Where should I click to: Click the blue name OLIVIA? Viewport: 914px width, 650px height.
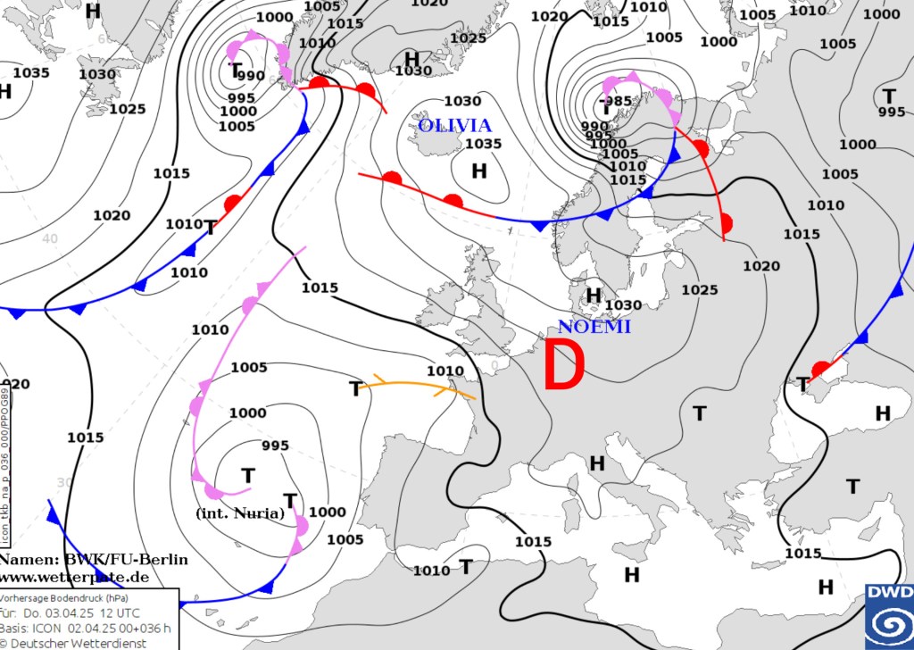pos(455,125)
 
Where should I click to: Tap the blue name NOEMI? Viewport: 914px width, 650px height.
pos(594,327)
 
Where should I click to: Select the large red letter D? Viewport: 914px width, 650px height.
pos(564,366)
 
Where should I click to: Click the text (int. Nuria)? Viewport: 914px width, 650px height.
pos(239,513)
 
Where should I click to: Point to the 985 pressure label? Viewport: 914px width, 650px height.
pos(617,101)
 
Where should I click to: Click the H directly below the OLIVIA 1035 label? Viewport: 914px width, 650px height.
pos(479,170)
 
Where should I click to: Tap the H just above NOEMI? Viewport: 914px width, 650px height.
pos(593,295)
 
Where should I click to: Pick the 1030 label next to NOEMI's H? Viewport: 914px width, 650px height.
pos(623,305)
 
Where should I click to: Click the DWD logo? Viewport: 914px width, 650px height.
pos(889,616)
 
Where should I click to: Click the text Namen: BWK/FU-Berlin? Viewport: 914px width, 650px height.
pos(94,559)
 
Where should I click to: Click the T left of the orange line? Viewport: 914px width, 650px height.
pos(355,389)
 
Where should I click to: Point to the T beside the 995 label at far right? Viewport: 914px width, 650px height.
pos(888,96)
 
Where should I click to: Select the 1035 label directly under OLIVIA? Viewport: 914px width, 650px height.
pos(483,144)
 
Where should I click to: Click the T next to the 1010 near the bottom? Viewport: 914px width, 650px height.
pos(465,566)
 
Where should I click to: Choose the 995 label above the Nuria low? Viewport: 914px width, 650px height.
pos(275,446)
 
